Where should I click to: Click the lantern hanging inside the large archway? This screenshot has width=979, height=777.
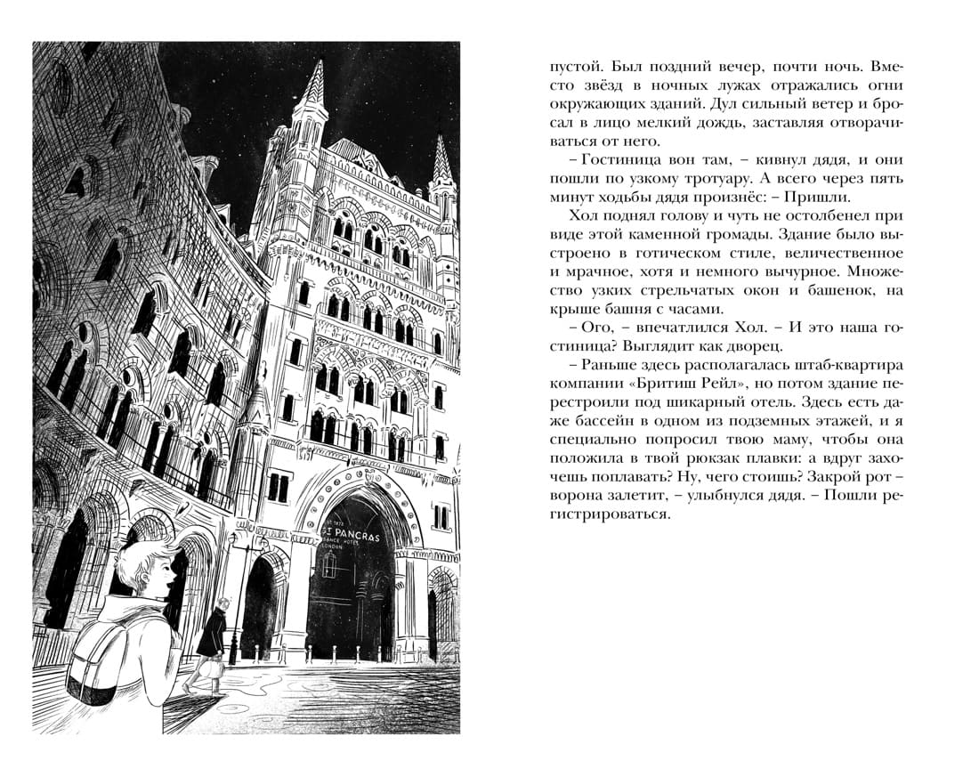click(x=330, y=561)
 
